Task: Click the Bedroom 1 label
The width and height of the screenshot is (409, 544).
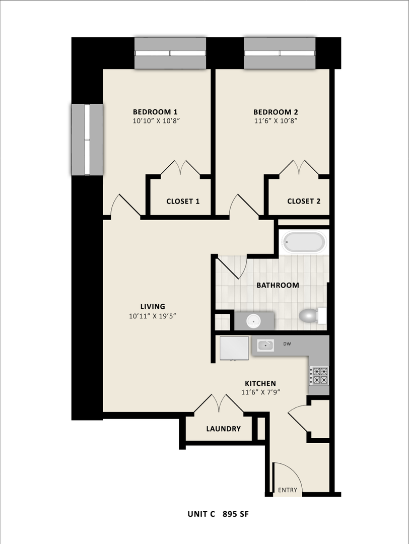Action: pyautogui.click(x=155, y=112)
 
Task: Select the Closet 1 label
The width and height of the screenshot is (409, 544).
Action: pyautogui.click(x=183, y=201)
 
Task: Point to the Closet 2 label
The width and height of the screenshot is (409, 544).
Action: pyautogui.click(x=304, y=201)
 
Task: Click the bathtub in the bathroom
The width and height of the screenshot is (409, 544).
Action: pyautogui.click(x=303, y=242)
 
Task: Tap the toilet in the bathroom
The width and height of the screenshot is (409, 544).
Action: pyautogui.click(x=309, y=316)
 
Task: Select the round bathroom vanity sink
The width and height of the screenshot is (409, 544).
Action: pyautogui.click(x=253, y=320)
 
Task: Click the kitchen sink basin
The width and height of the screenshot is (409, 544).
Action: pyautogui.click(x=265, y=346)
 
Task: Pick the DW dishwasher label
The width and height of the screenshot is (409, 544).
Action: pyautogui.click(x=287, y=345)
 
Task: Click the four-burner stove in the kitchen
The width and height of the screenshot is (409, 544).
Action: pyautogui.click(x=318, y=376)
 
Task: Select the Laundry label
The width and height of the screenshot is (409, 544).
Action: pyautogui.click(x=223, y=429)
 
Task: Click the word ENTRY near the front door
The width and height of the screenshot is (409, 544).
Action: pyautogui.click(x=288, y=490)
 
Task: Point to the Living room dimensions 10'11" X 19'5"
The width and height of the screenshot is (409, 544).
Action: pyautogui.click(x=153, y=316)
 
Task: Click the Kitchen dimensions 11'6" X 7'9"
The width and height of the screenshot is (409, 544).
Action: pyautogui.click(x=259, y=392)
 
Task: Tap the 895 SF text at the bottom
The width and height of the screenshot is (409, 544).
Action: pyautogui.click(x=236, y=514)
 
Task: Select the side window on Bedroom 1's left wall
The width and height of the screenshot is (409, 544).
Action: pyautogui.click(x=87, y=140)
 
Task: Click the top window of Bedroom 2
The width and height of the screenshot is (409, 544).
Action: pyautogui.click(x=280, y=53)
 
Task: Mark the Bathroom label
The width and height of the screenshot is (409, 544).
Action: pyautogui.click(x=278, y=285)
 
